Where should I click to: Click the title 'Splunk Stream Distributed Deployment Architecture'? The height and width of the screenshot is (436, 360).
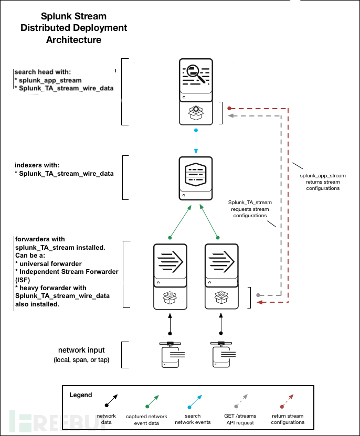tap(74, 27)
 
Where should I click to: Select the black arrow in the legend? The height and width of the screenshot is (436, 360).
tap(111, 401)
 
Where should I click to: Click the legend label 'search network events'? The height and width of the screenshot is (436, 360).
tap(193, 419)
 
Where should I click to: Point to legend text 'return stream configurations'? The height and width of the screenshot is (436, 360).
tap(288, 419)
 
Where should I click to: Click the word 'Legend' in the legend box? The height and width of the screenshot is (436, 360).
tap(80, 395)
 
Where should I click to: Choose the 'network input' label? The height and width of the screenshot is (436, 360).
tap(81, 350)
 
